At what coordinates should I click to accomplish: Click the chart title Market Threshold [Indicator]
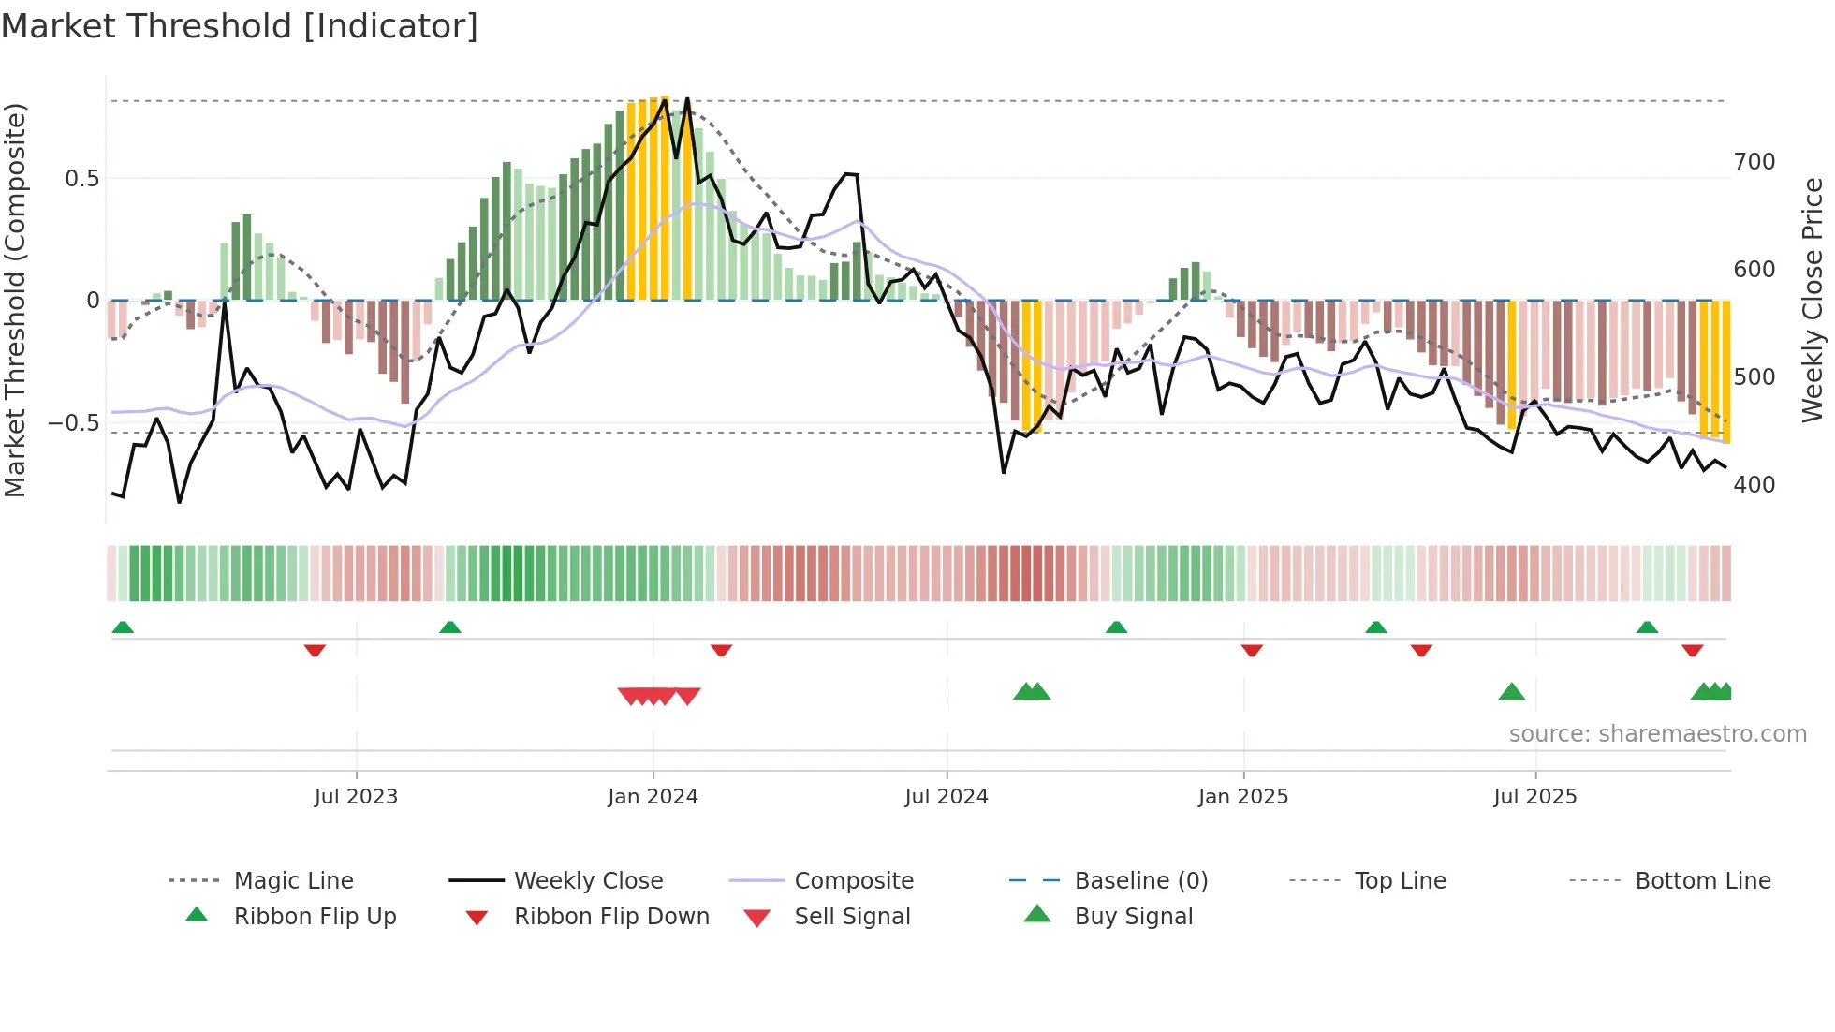pos(240,26)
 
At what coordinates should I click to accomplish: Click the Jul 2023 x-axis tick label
pos(356,797)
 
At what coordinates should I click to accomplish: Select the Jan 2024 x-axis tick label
pos(653,797)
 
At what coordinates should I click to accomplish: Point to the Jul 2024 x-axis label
pos(947,797)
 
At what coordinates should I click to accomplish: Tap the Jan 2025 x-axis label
pos(1243,797)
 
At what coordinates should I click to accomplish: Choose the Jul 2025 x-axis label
pos(1535,797)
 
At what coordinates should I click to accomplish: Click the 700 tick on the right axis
pos(1754,162)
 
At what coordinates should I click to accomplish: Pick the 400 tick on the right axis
pos(1754,485)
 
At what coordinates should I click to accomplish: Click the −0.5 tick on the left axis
pos(74,423)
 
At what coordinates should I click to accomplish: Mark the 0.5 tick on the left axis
pos(82,179)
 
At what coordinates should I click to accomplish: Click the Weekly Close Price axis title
pos(1813,300)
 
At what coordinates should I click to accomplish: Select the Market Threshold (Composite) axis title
pos(16,300)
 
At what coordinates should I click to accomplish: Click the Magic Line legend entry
pos(293,881)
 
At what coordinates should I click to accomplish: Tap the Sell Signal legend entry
pos(852,917)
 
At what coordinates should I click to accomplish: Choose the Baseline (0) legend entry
pos(1140,881)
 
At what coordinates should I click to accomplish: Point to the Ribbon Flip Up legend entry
pos(315,917)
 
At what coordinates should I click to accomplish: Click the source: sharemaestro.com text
pos(1657,734)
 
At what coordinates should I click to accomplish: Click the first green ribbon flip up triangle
pos(123,627)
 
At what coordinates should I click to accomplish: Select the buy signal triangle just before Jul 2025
pos(1511,692)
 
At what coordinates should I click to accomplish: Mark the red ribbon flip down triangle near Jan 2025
pos(1252,650)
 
